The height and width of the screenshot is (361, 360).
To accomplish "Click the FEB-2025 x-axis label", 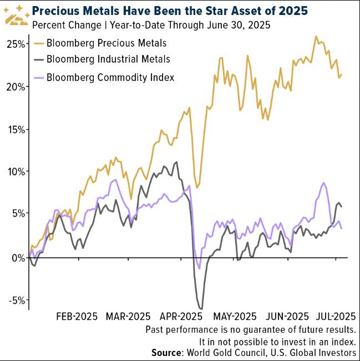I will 77,317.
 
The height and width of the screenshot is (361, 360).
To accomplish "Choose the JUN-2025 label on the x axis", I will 286,317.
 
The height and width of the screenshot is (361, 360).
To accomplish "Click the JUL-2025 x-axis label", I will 332,317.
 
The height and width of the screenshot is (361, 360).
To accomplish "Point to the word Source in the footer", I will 168,353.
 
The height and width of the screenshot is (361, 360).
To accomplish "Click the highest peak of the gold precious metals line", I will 316,37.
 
